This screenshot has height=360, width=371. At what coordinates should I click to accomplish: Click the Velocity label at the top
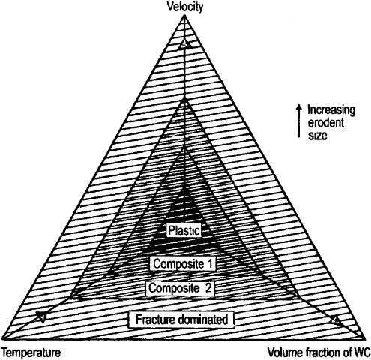pyautogui.click(x=185, y=7)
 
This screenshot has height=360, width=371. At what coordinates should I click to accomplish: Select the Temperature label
pyautogui.click(x=31, y=352)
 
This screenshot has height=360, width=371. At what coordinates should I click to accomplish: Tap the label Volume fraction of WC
pyautogui.click(x=319, y=352)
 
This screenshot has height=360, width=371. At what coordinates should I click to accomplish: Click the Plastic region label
pyautogui.click(x=184, y=230)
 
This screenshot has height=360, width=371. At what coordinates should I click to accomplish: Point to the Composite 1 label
pyautogui.click(x=183, y=264)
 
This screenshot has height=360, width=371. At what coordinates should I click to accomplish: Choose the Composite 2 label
pyautogui.click(x=181, y=288)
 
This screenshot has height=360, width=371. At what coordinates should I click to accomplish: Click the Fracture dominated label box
pyautogui.click(x=181, y=319)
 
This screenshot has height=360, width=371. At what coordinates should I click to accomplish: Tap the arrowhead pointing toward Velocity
pyautogui.click(x=184, y=44)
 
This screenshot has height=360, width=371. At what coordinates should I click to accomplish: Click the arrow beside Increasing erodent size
pyautogui.click(x=298, y=121)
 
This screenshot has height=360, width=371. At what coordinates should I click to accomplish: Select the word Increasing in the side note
pyautogui.click(x=331, y=110)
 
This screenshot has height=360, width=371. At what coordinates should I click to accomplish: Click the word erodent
pyautogui.click(x=326, y=123)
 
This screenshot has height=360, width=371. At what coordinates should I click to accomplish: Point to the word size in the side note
pyautogui.click(x=317, y=136)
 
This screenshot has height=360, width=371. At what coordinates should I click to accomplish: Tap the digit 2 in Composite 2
pyautogui.click(x=208, y=288)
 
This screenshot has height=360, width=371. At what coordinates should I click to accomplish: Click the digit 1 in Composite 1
pyautogui.click(x=211, y=263)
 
